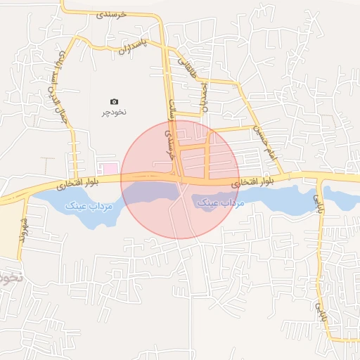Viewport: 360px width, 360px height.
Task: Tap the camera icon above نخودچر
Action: point(115,102)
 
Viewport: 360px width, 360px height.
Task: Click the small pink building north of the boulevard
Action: point(108,168)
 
